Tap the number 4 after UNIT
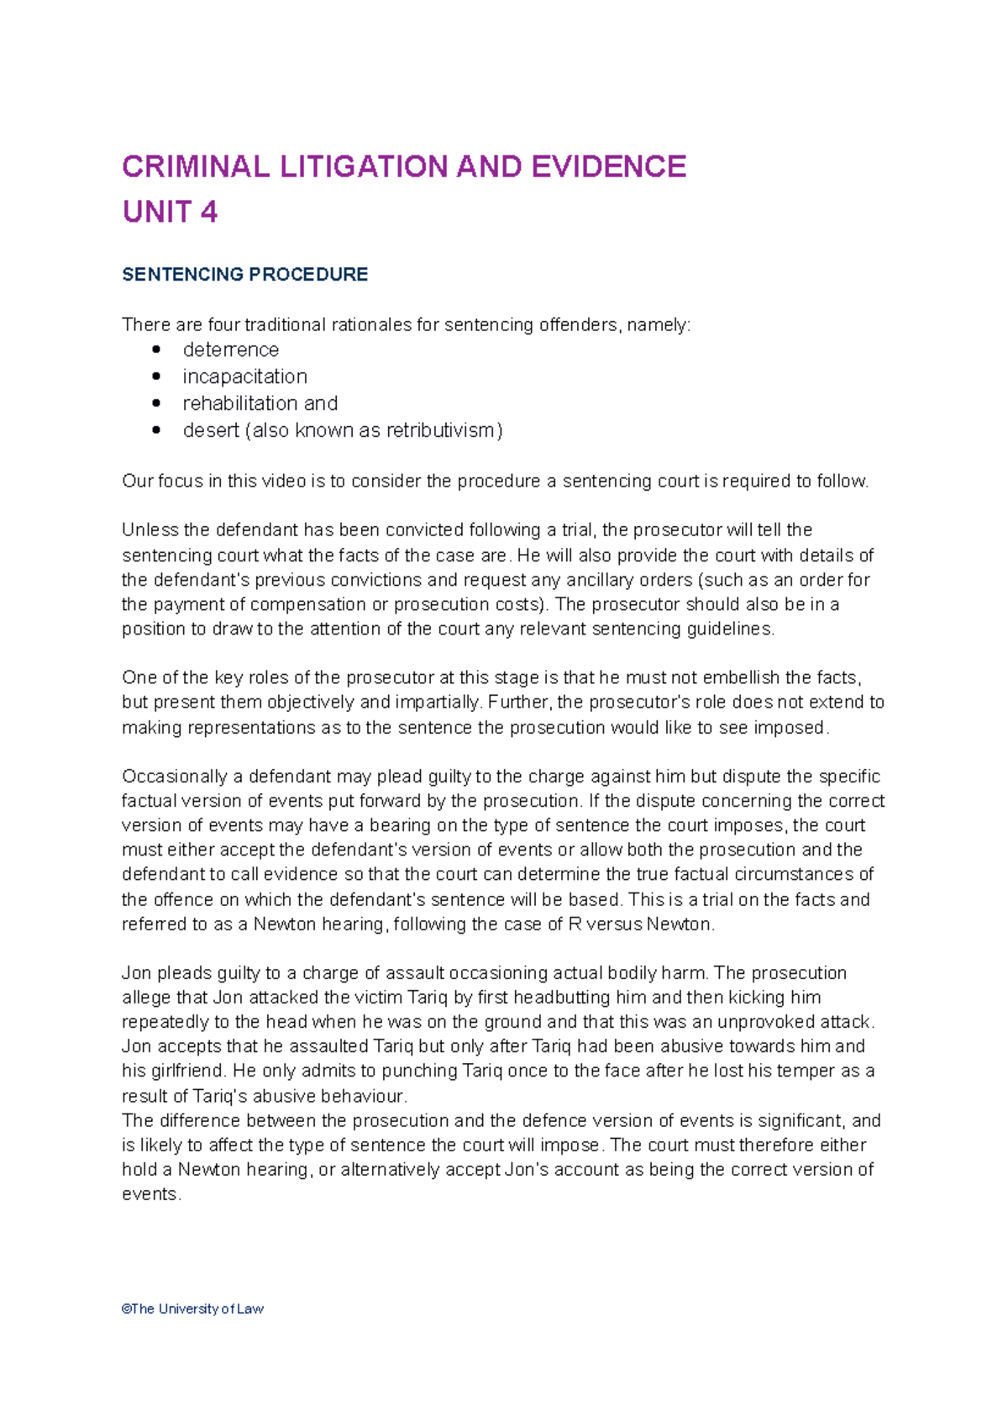(209, 212)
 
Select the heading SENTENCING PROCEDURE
(244, 275)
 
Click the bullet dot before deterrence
(156, 350)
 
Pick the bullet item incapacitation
(244, 376)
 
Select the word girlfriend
(185, 1072)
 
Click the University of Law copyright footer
(192, 1309)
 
